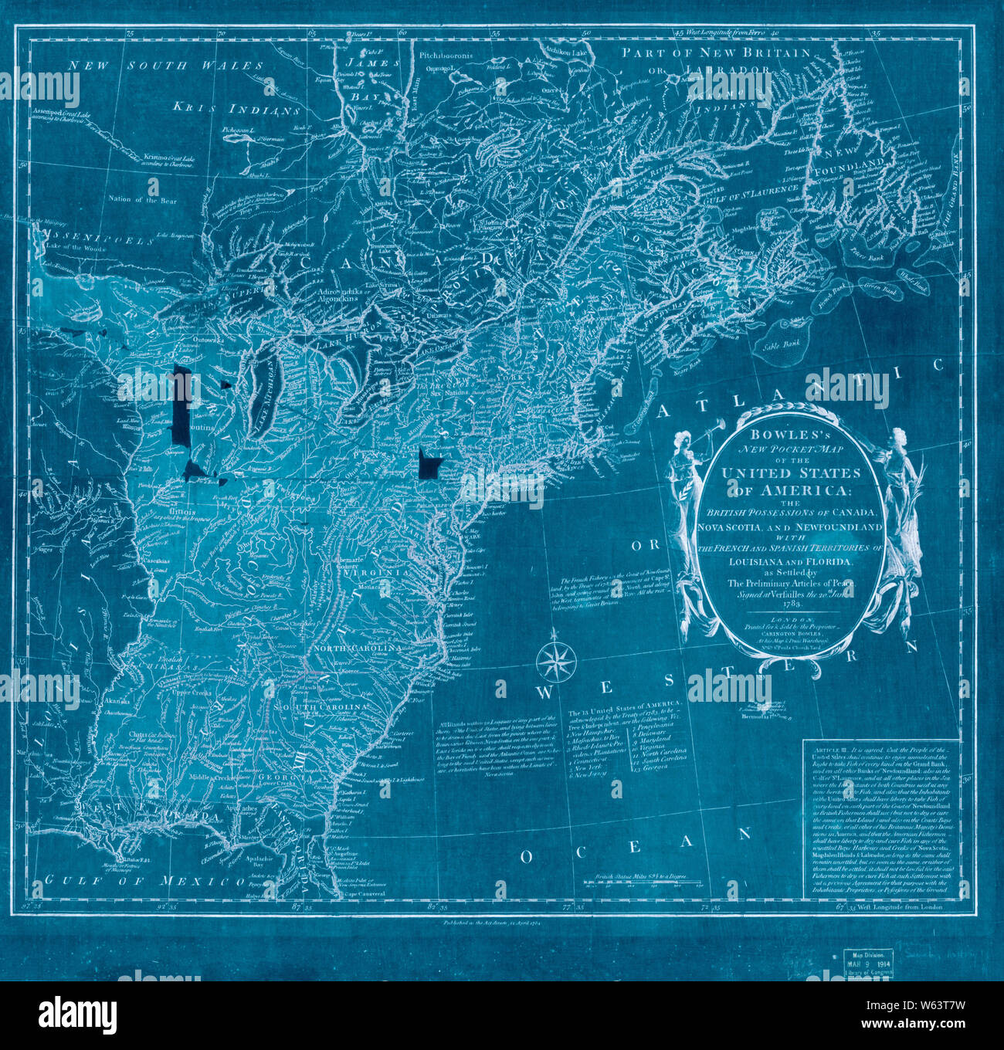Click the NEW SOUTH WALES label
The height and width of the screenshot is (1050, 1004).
click(165, 66)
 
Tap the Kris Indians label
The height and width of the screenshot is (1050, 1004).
click(236, 109)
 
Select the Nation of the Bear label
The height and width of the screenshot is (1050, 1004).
click(142, 201)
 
